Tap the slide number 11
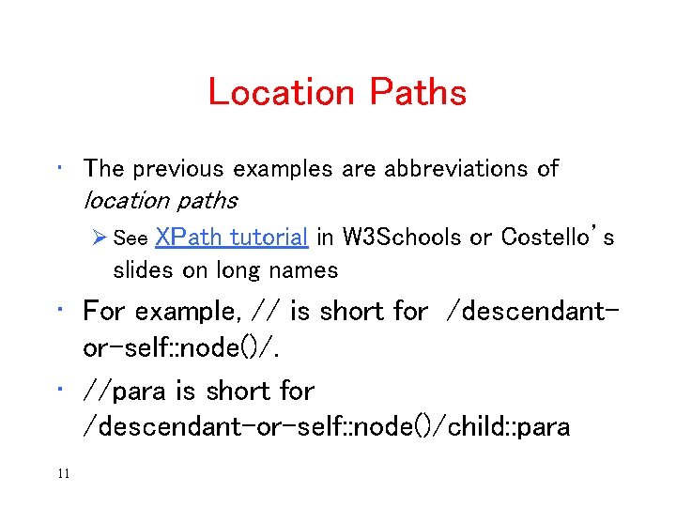tap(63, 473)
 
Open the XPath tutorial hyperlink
tap(231, 238)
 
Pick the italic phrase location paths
tap(160, 200)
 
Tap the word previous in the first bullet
tap(178, 169)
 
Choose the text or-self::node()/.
tap(181, 347)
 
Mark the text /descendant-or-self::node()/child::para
tap(326, 427)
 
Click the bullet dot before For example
tap(59, 306)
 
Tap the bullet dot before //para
tap(59, 386)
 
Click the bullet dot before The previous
tap(59, 165)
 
